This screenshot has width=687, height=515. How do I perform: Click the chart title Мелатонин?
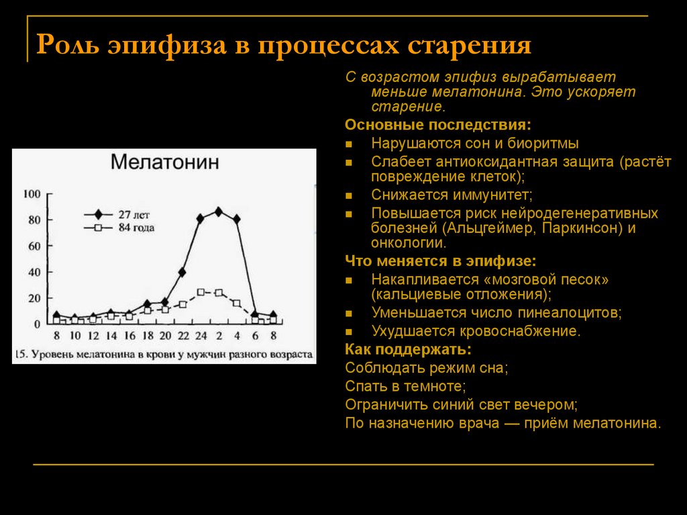[164, 162]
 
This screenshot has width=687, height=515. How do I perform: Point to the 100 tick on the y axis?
[32, 194]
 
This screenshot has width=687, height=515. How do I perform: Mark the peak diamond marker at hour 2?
[218, 212]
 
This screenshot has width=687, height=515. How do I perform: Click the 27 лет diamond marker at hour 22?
[182, 272]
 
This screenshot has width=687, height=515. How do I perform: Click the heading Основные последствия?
[437, 126]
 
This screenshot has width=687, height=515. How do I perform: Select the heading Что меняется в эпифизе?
[441, 261]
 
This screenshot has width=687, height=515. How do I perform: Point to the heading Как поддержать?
[408, 349]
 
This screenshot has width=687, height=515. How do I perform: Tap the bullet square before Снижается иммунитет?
[349, 196]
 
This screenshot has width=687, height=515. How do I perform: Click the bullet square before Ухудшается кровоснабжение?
[349, 332]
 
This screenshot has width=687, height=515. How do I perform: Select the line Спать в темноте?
[405, 386]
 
